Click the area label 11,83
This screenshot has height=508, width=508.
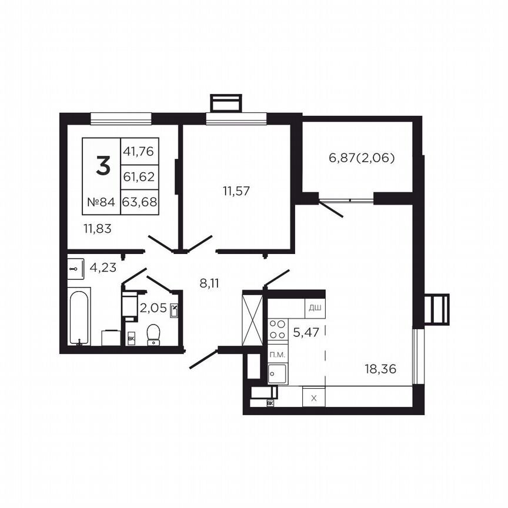tap(98, 229)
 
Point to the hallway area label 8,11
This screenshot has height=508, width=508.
tap(209, 283)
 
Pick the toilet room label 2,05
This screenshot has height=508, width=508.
tap(152, 308)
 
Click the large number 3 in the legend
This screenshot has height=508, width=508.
tap(102, 167)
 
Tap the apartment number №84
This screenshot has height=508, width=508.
tap(101, 202)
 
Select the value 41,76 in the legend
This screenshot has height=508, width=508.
tap(139, 151)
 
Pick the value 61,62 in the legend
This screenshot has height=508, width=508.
tap(139, 176)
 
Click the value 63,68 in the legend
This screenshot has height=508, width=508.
tap(139, 202)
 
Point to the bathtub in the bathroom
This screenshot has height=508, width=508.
tap(79, 316)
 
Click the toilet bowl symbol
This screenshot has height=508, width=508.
tap(154, 333)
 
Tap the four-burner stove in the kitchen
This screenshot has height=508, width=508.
tap(277, 329)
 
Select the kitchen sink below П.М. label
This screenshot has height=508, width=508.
tap(277, 373)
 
